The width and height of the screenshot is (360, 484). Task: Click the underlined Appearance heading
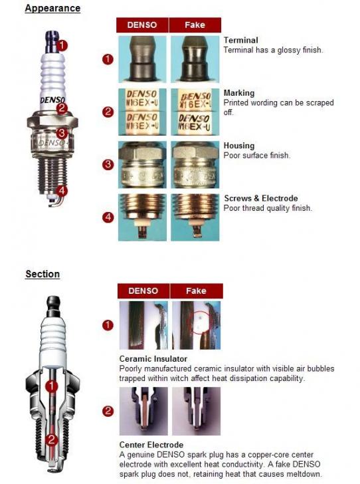(52, 9)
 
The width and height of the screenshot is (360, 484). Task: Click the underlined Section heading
(43, 274)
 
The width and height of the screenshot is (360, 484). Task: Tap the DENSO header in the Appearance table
(142, 25)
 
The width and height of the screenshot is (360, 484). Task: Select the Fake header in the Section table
(196, 291)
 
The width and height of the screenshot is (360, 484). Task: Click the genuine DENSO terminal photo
(142, 59)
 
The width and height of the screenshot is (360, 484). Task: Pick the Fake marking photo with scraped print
(195, 112)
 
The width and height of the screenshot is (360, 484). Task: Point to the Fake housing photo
(195, 164)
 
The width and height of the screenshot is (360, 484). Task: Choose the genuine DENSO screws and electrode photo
(142, 217)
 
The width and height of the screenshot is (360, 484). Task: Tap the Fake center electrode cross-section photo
(196, 411)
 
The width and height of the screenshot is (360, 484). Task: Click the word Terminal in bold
(241, 40)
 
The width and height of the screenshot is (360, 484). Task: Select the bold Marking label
(239, 93)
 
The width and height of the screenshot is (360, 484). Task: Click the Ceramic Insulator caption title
(153, 359)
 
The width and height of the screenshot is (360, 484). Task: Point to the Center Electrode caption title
(151, 445)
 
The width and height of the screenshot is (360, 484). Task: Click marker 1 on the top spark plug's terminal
(62, 45)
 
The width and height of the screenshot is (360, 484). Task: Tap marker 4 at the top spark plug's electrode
(62, 191)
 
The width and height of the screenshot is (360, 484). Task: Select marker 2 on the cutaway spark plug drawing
(51, 439)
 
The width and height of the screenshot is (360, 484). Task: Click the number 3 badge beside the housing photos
(108, 164)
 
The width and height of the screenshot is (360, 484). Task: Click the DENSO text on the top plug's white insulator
(52, 100)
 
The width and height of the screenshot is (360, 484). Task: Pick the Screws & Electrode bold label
(261, 199)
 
